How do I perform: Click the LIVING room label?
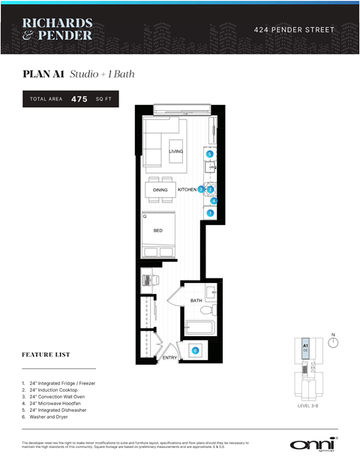coord(175,152)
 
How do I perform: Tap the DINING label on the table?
coord(160,191)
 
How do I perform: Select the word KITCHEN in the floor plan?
coord(187,191)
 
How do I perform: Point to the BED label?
coord(158,230)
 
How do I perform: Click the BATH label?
coord(196,301)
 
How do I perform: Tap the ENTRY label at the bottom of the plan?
coord(169,358)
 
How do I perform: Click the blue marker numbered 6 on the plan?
coord(196,350)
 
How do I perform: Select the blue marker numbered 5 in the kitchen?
coord(210,154)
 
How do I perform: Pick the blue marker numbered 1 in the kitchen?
coord(211,213)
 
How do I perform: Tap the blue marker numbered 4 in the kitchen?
coord(214,200)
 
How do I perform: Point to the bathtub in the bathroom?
coord(199,326)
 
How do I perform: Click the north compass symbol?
coord(334,342)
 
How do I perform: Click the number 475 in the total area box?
coord(79,99)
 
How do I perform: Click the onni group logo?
coord(312,443)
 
